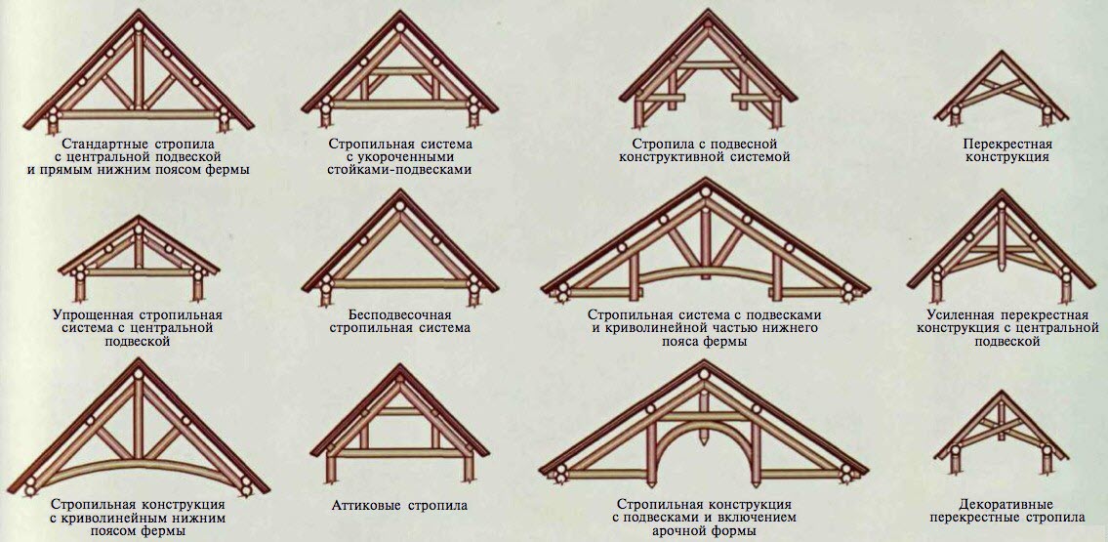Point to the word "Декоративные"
pyautogui.click(x=1006, y=505)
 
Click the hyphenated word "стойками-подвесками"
pyautogui.click(x=399, y=170)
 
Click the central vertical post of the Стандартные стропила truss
pyautogui.click(x=138, y=71)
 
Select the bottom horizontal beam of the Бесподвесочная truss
pyautogui.click(x=400, y=283)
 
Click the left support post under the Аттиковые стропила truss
pyautogui.click(x=331, y=470)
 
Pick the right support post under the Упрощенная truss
pyautogui.click(x=196, y=287)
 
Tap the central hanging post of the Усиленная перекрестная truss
pyautogui.click(x=1001, y=237)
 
